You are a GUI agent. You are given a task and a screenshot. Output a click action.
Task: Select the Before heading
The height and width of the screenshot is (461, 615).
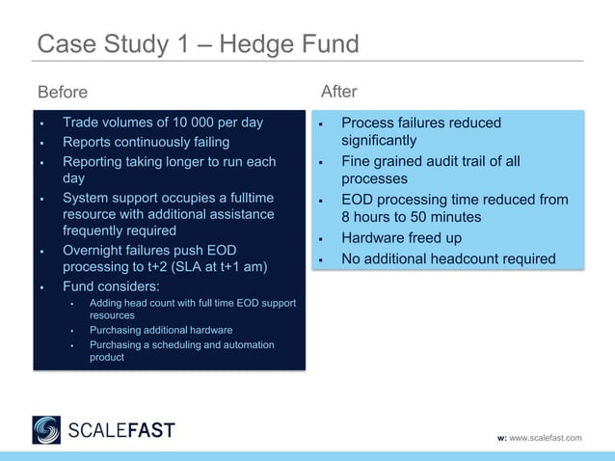pos(62,93)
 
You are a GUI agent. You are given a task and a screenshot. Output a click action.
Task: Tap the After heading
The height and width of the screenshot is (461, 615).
pos(338,92)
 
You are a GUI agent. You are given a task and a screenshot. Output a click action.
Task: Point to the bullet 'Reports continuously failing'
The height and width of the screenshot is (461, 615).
pos(146,143)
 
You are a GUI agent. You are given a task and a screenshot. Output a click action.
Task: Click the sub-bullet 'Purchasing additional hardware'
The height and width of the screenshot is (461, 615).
pos(161,330)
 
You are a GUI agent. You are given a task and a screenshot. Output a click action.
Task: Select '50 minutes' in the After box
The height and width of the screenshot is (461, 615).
pos(442,217)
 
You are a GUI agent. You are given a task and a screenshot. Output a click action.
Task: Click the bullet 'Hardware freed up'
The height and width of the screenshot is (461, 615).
pos(401,238)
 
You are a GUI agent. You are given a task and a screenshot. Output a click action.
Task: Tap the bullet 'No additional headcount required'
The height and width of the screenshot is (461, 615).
pos(448,258)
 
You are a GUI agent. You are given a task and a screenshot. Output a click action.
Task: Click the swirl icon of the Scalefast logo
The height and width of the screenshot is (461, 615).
pos(46,429)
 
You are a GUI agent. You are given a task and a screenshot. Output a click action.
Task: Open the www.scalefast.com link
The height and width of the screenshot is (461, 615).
pos(546,439)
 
